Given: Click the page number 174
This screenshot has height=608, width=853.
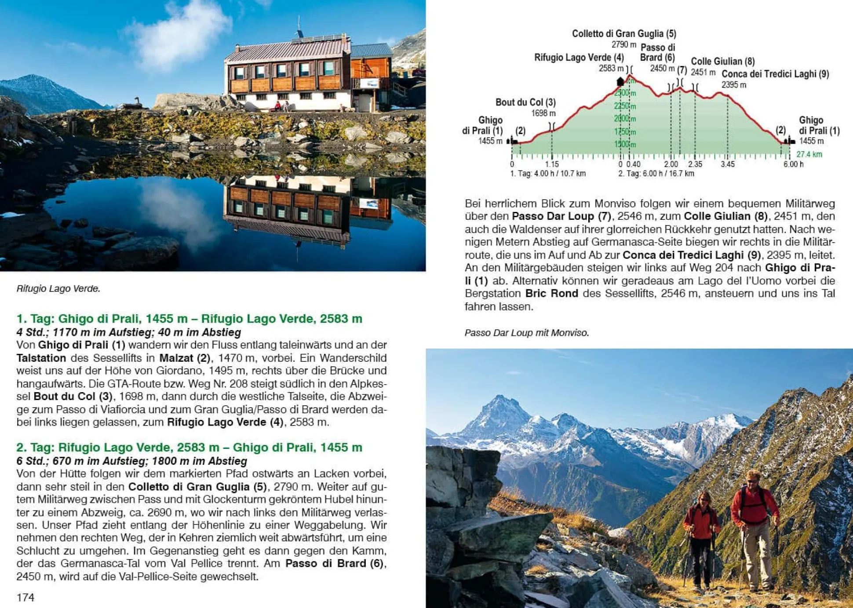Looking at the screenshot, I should (25, 597).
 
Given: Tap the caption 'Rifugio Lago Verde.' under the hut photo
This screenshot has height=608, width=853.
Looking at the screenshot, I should (58, 288).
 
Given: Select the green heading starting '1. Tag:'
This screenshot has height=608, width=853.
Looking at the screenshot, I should (189, 318).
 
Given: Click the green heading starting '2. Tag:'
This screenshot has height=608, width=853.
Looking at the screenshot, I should (189, 447).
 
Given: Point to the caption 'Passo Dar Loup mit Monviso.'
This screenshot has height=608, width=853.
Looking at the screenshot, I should (526, 333).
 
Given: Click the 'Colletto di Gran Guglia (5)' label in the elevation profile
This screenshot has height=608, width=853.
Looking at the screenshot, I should (623, 33).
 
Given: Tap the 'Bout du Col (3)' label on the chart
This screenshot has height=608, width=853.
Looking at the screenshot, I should (525, 102).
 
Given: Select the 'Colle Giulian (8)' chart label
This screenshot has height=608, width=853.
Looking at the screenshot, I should (722, 61).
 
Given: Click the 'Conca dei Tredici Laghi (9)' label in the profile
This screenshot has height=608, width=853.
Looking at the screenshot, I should (775, 74).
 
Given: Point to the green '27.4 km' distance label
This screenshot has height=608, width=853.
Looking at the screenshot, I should (809, 154).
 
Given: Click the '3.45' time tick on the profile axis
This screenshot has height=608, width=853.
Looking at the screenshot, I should (727, 164).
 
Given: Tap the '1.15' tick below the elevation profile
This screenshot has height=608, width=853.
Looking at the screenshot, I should (552, 164).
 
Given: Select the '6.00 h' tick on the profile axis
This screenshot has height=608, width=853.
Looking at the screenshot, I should (793, 164).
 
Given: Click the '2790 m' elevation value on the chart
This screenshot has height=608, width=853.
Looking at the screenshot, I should (623, 44).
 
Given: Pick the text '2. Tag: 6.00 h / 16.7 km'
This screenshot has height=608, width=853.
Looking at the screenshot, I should (656, 174).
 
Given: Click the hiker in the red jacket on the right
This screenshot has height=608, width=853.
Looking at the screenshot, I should (754, 528).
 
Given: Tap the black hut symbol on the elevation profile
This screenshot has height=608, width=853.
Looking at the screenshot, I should (620, 81).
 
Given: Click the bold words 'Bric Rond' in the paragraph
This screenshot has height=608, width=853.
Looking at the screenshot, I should (551, 293).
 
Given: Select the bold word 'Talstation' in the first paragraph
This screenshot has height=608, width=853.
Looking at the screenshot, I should (41, 358).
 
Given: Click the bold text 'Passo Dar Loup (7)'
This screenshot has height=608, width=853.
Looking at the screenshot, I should (561, 216).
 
